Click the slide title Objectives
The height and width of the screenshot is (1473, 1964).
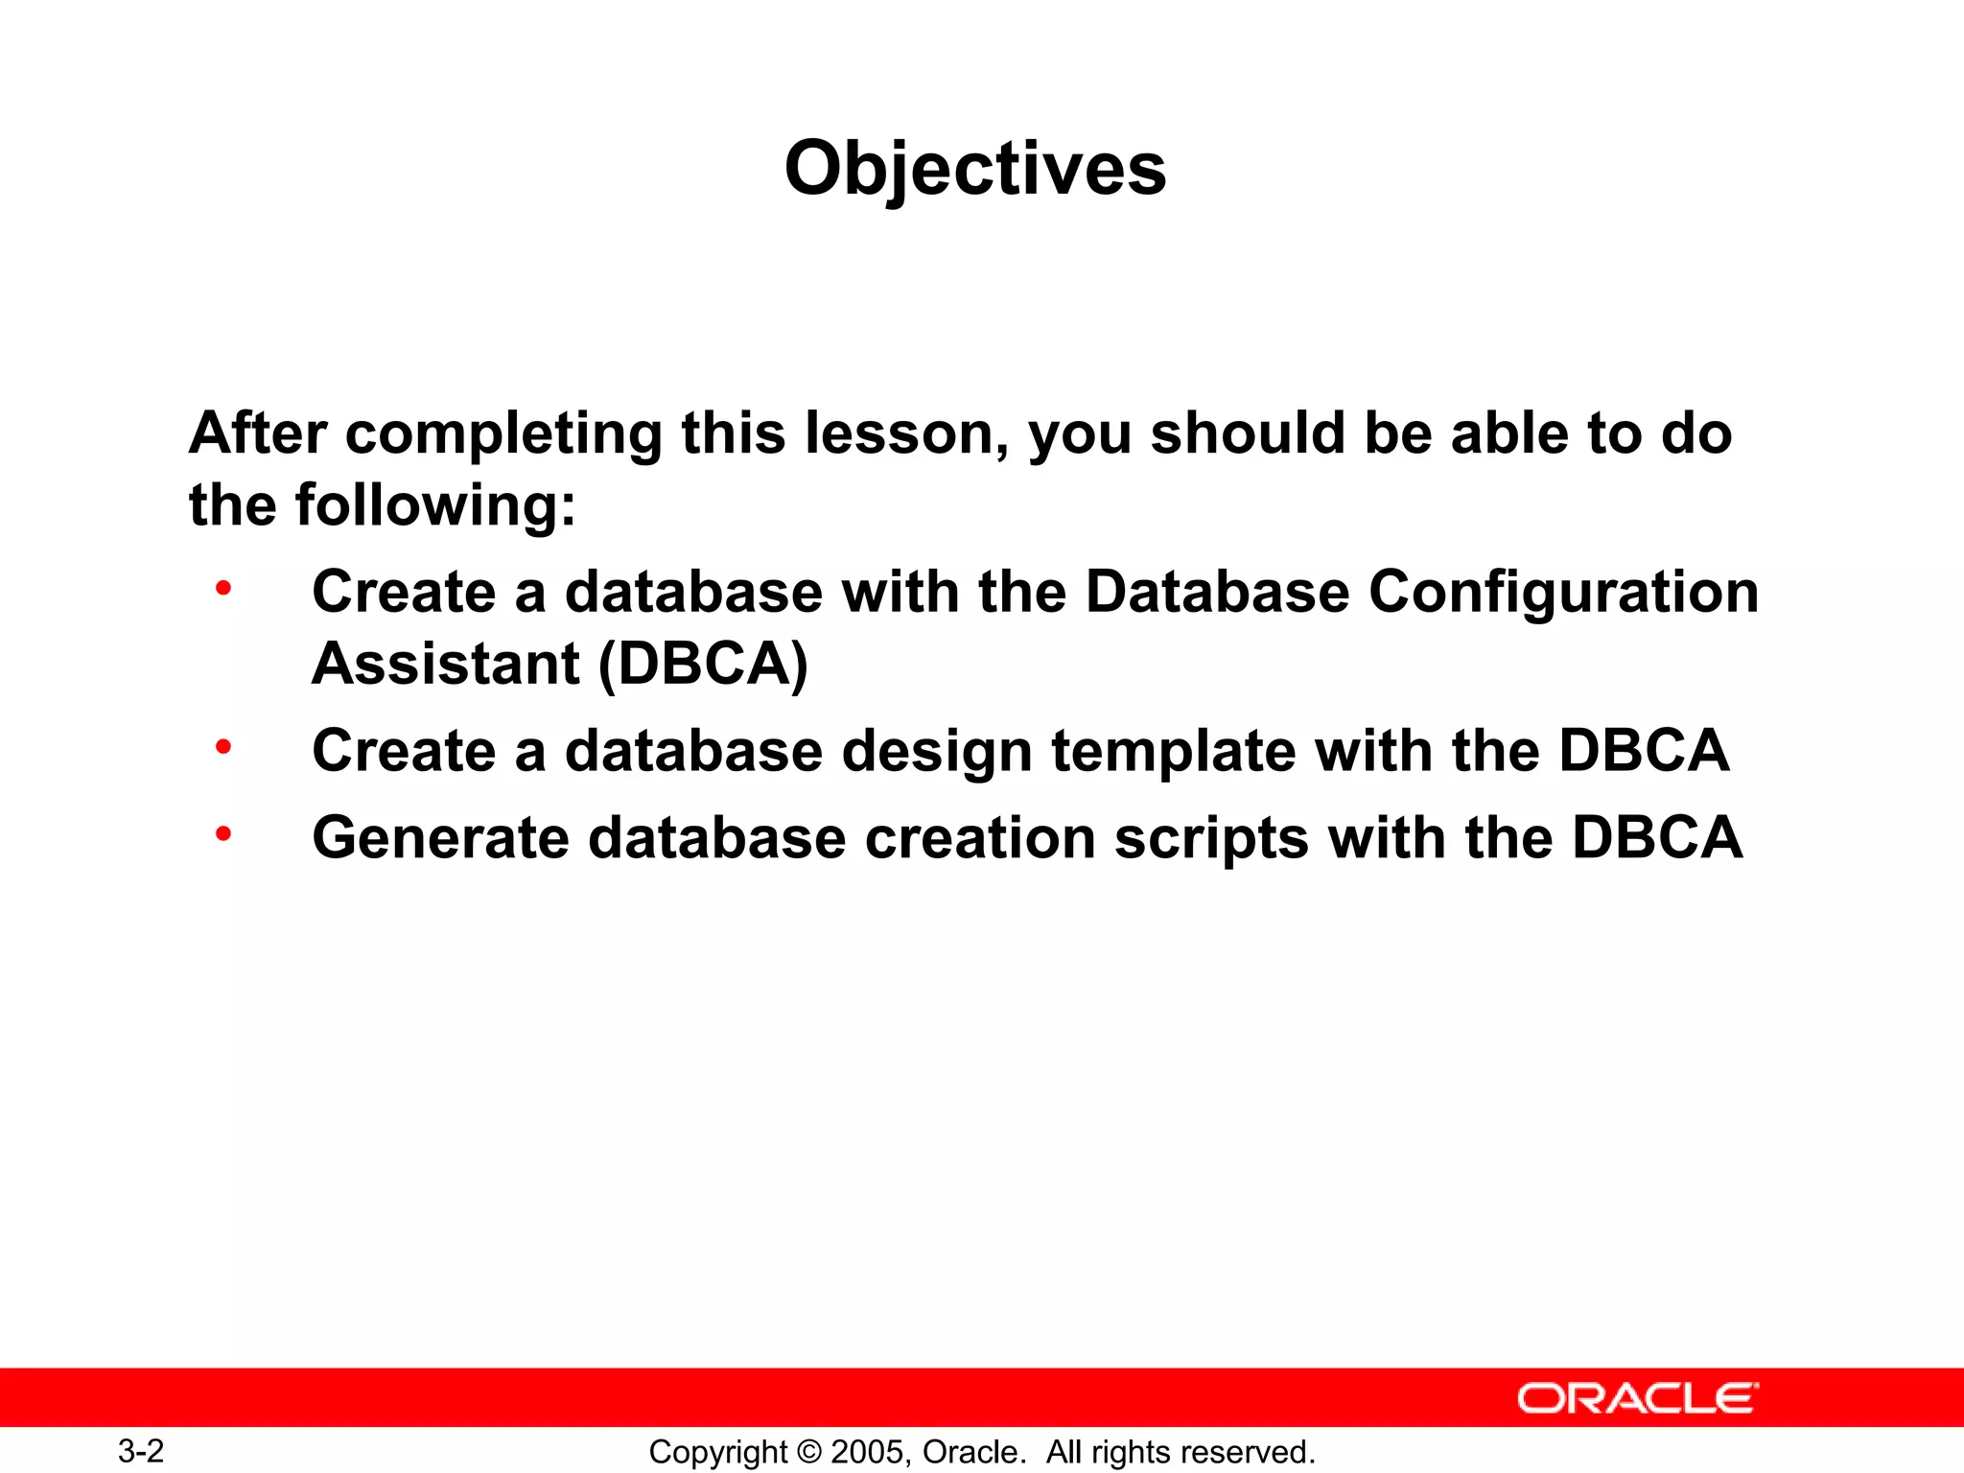[975, 169]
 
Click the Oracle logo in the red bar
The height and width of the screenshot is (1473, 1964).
[1638, 1398]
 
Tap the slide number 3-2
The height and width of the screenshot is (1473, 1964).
[141, 1451]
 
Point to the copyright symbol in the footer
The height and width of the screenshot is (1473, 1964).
[809, 1452]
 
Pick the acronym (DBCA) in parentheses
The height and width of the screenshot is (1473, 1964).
[703, 664]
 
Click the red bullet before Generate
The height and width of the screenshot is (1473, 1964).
[223, 834]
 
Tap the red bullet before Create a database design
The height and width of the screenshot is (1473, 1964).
[223, 746]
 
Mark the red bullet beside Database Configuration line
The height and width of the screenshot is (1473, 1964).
[223, 587]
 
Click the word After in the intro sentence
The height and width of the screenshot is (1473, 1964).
[258, 433]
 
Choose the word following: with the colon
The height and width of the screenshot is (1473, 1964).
[435, 505]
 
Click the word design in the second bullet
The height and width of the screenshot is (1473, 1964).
[936, 751]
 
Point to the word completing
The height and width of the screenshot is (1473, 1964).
[503, 433]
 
